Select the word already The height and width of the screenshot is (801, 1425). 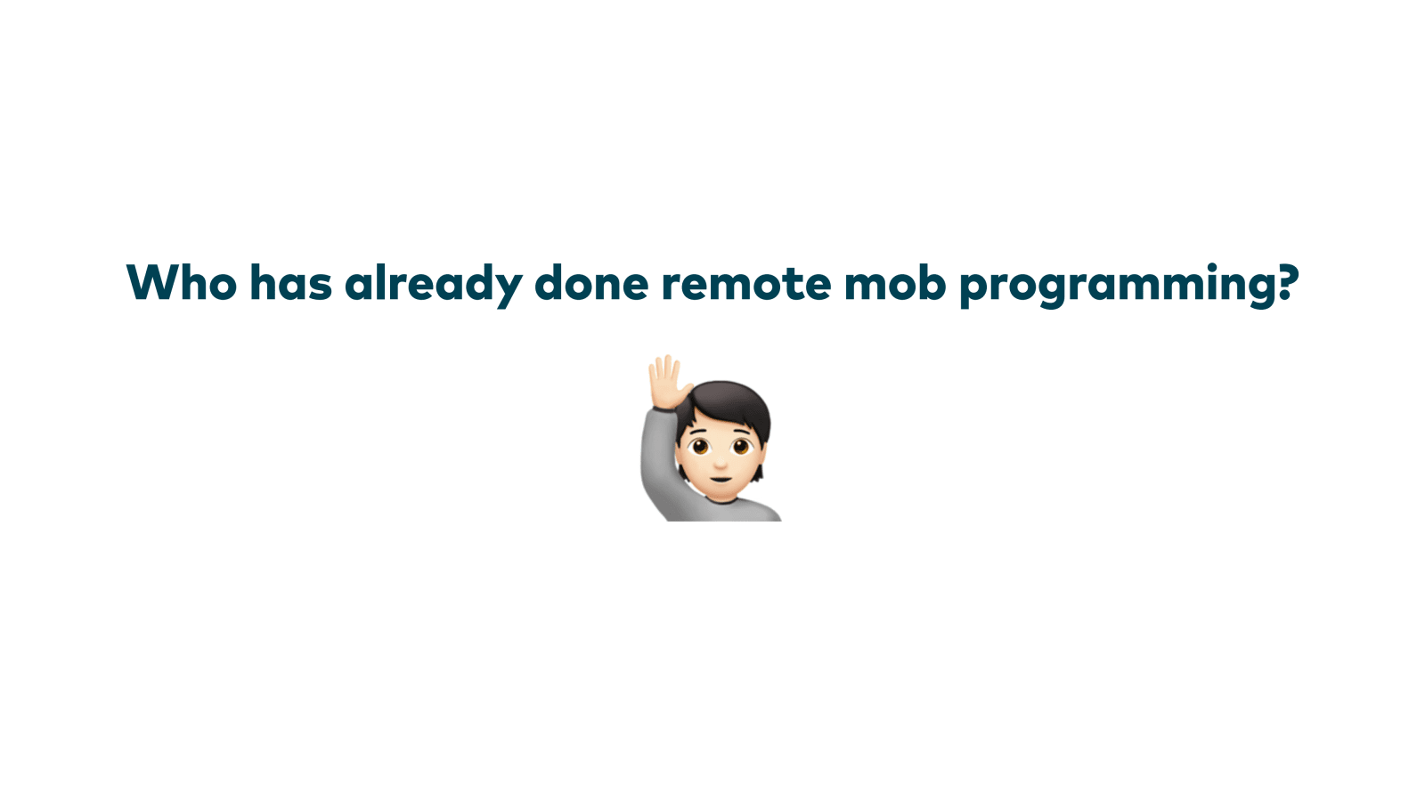pos(433,286)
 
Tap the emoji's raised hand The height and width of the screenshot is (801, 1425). pos(667,381)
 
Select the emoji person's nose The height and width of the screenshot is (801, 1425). pos(721,463)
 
